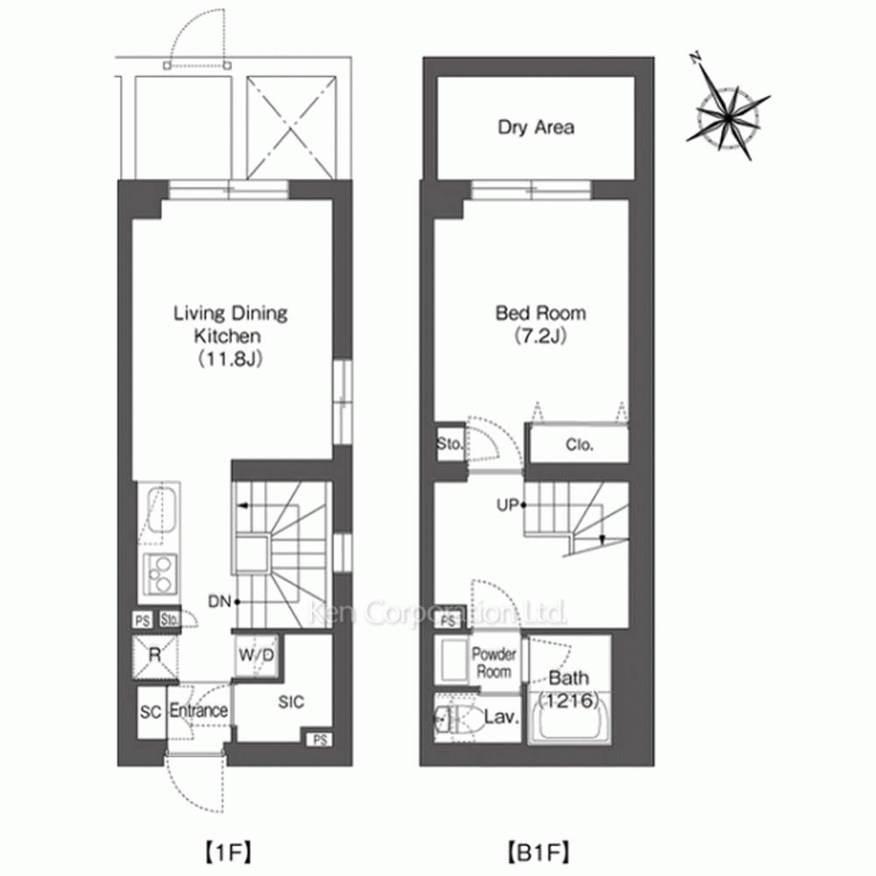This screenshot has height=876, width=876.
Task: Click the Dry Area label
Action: [x=536, y=127]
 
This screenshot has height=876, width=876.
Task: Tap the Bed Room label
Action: [x=540, y=313]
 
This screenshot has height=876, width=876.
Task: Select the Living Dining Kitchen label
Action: [x=230, y=324]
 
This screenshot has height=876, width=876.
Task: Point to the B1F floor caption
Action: [x=538, y=852]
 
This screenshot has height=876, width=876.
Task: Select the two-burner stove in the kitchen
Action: [x=160, y=575]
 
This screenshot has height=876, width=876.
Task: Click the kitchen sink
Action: [x=160, y=513]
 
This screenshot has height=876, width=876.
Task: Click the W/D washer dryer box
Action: [x=257, y=655]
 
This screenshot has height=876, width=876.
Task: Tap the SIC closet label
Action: [x=291, y=703]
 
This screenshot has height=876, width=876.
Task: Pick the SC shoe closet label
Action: [x=151, y=712]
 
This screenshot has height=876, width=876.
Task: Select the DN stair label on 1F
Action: [x=220, y=602]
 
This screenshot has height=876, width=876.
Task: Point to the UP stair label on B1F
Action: [x=508, y=505]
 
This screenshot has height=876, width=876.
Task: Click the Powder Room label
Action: [x=494, y=662]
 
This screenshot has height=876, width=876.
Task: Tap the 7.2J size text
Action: [x=540, y=336]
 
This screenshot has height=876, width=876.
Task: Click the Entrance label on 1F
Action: [x=198, y=710]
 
